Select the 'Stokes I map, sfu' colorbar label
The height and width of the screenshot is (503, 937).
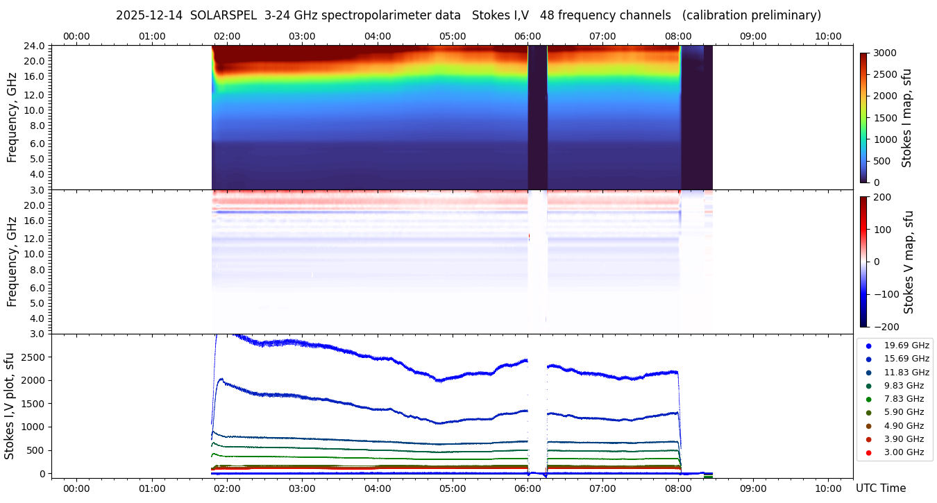pyautogui.click(x=906, y=118)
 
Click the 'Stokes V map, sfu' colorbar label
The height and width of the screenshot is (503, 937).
pyautogui.click(x=909, y=262)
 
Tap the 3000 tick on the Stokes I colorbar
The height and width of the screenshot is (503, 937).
pyautogui.click(x=885, y=53)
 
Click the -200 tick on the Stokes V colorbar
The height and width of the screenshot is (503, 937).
pyautogui.click(x=886, y=327)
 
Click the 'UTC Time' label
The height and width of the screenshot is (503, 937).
pyautogui.click(x=881, y=488)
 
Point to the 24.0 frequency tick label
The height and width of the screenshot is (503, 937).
pyautogui.click(x=35, y=46)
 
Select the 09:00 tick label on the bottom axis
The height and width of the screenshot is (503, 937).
pyautogui.click(x=752, y=488)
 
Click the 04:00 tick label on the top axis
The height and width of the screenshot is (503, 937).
pyautogui.click(x=377, y=36)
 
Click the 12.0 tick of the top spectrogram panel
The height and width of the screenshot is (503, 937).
pyautogui.click(x=35, y=94)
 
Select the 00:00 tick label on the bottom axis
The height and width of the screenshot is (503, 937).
pyautogui.click(x=76, y=488)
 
